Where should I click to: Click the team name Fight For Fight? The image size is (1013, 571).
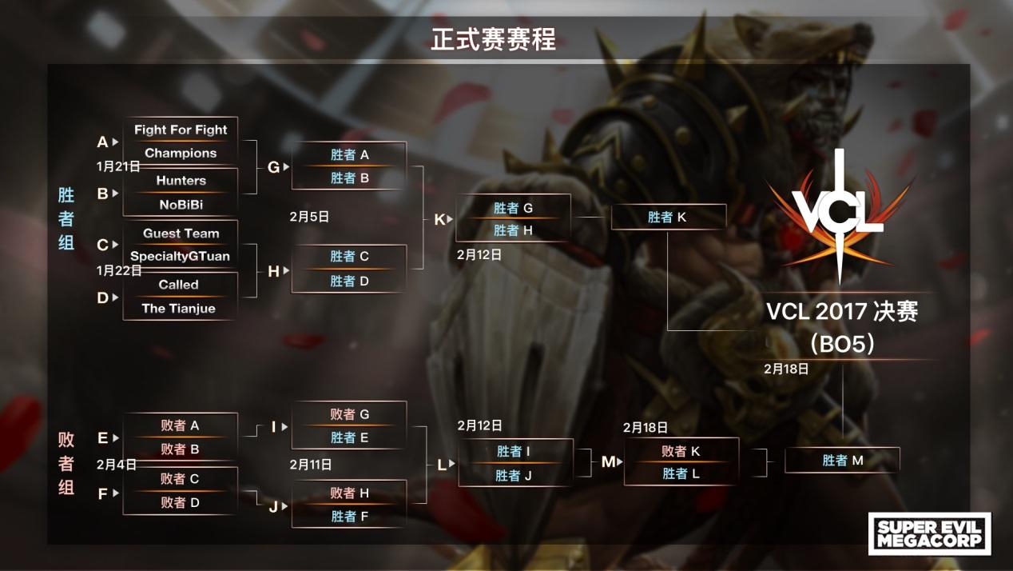(181, 130)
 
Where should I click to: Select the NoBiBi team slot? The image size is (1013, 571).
(181, 204)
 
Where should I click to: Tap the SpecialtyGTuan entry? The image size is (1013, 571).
(181, 257)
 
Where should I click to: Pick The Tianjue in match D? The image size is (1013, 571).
(178, 308)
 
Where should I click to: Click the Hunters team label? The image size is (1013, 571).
(181, 181)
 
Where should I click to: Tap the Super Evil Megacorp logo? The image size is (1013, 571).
(929, 533)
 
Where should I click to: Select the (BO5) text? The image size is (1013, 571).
(841, 343)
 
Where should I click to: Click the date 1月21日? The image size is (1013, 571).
(118, 166)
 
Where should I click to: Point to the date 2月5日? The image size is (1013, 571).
(309, 216)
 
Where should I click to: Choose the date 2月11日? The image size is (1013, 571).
(311, 465)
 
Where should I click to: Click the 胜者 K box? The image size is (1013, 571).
(668, 217)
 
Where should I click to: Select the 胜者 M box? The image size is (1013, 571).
(842, 460)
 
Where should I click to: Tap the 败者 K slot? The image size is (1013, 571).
(681, 451)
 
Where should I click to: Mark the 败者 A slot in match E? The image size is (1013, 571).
(180, 425)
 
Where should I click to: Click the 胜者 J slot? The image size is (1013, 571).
(514, 475)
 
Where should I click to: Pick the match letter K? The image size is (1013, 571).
(439, 219)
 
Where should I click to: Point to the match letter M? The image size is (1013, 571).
(608, 461)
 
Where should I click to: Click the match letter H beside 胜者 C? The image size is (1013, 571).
(273, 271)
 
